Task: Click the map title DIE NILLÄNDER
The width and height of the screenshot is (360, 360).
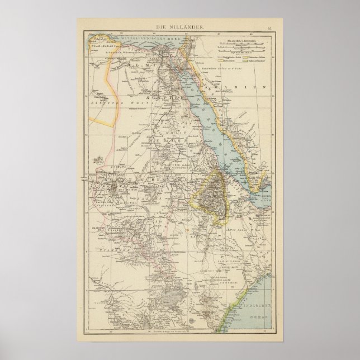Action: (179, 27)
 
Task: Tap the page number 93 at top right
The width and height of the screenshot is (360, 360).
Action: (270, 27)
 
